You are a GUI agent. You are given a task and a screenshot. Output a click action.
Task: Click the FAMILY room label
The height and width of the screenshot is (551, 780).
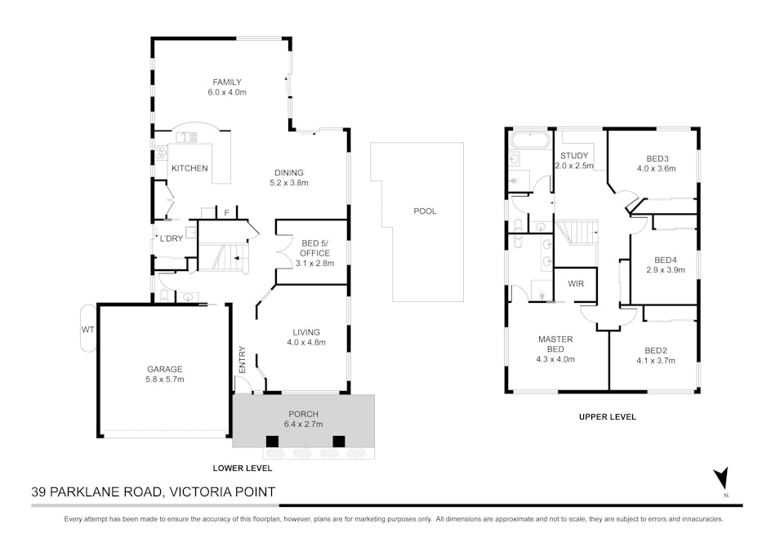[x=227, y=82]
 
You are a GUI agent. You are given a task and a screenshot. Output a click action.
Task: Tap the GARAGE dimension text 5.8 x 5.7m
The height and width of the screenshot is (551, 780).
[x=165, y=379]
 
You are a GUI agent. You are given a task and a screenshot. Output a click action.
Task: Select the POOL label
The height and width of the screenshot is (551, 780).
[x=425, y=211]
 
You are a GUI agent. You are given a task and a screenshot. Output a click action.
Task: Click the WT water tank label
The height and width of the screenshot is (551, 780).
[x=88, y=329]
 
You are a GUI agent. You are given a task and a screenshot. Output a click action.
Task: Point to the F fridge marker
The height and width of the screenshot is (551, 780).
[x=226, y=213]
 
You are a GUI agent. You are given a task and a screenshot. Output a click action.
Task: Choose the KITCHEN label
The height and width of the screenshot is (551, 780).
[x=189, y=168]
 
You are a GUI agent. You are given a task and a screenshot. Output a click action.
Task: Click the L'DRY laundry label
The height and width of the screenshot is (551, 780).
[x=172, y=238]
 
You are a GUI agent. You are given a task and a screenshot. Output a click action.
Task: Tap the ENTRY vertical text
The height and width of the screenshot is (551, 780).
[x=243, y=359]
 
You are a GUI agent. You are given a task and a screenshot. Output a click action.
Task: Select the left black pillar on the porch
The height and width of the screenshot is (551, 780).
[x=272, y=441]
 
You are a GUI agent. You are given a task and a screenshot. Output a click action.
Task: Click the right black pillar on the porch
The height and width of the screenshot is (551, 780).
[x=339, y=441]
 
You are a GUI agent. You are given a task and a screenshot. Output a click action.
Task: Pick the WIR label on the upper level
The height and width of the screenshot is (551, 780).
[x=576, y=283]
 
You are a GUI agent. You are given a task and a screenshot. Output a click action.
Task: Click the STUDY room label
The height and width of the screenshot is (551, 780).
[x=574, y=156]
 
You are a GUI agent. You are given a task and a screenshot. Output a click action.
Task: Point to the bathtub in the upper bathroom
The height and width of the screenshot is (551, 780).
[x=530, y=140]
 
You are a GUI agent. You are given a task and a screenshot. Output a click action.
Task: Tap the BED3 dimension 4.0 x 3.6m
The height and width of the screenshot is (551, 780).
[x=656, y=169]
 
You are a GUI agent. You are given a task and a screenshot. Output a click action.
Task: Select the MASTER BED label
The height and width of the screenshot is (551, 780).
[x=555, y=344]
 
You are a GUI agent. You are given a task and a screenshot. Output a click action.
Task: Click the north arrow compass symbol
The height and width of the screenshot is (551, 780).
[x=722, y=478]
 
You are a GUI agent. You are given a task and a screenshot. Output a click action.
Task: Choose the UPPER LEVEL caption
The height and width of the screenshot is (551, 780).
[x=608, y=417]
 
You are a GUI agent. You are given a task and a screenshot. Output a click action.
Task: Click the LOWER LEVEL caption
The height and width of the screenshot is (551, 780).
[x=243, y=468]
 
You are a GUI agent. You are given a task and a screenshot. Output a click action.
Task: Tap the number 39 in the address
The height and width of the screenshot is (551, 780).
[x=39, y=492]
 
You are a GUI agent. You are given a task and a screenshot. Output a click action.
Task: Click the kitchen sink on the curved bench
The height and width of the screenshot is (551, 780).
[x=186, y=137]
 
